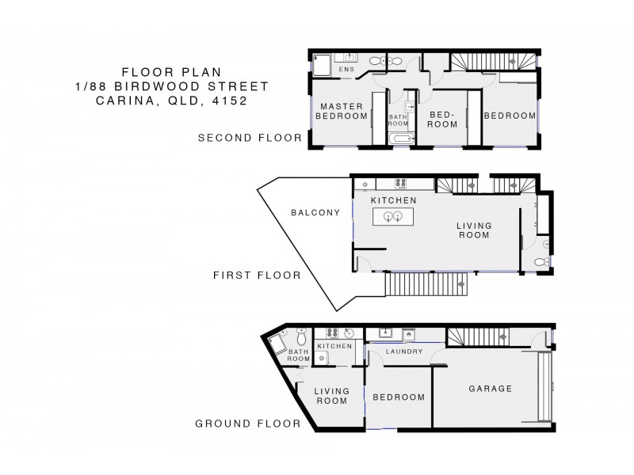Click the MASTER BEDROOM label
point(341,112)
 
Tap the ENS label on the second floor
point(346,70)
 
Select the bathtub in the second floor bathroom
point(401,139)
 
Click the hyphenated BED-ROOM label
point(443,120)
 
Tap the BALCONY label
point(315,212)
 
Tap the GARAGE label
point(490,389)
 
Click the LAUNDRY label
point(401,351)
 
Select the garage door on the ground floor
point(543,387)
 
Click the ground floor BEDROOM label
point(398,397)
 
